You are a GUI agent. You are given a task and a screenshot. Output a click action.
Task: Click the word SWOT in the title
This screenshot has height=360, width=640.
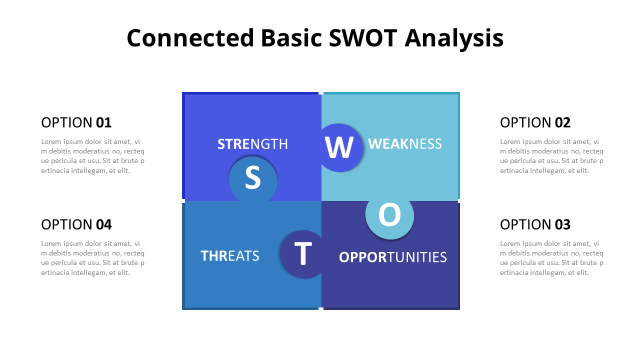point(363,38)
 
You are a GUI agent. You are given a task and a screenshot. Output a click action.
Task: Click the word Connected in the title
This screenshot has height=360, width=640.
point(190,38)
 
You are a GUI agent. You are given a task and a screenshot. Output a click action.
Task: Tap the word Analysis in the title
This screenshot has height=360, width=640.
point(453,38)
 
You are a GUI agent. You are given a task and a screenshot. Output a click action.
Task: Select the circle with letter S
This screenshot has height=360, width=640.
point(253,178)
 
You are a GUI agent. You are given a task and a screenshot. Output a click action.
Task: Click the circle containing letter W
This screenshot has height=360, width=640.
point(339,147)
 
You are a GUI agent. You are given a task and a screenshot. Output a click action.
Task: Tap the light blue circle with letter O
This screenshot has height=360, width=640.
point(389,215)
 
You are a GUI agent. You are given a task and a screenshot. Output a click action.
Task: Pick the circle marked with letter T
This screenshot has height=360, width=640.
point(303,254)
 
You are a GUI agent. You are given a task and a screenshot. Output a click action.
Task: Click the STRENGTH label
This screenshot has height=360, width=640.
point(252,144)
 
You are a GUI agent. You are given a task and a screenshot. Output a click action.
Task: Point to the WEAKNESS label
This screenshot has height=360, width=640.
point(405,144)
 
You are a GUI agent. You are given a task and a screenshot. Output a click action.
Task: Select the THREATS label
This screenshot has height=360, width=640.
point(230,256)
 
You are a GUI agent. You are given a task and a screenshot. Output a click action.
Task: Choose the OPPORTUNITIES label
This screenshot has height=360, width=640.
point(392,257)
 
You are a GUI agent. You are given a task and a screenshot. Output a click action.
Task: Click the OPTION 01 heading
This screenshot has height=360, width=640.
point(76,122)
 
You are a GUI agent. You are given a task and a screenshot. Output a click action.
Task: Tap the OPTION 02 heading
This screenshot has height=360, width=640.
point(535,122)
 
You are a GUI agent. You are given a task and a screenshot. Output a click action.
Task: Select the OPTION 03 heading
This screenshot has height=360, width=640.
point(535,224)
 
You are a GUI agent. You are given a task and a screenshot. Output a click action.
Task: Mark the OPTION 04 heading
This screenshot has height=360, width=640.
point(76,224)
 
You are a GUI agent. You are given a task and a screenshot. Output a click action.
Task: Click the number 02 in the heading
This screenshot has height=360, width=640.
point(562,122)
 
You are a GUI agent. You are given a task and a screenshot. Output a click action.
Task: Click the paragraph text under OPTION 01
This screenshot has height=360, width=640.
point(92,156)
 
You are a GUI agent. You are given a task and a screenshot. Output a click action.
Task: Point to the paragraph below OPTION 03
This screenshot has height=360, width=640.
point(551,258)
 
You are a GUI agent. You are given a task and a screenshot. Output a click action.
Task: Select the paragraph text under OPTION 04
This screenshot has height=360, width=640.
point(92,258)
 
